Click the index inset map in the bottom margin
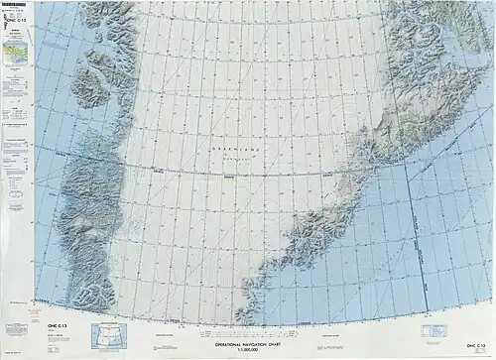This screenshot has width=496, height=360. point(112,334)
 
